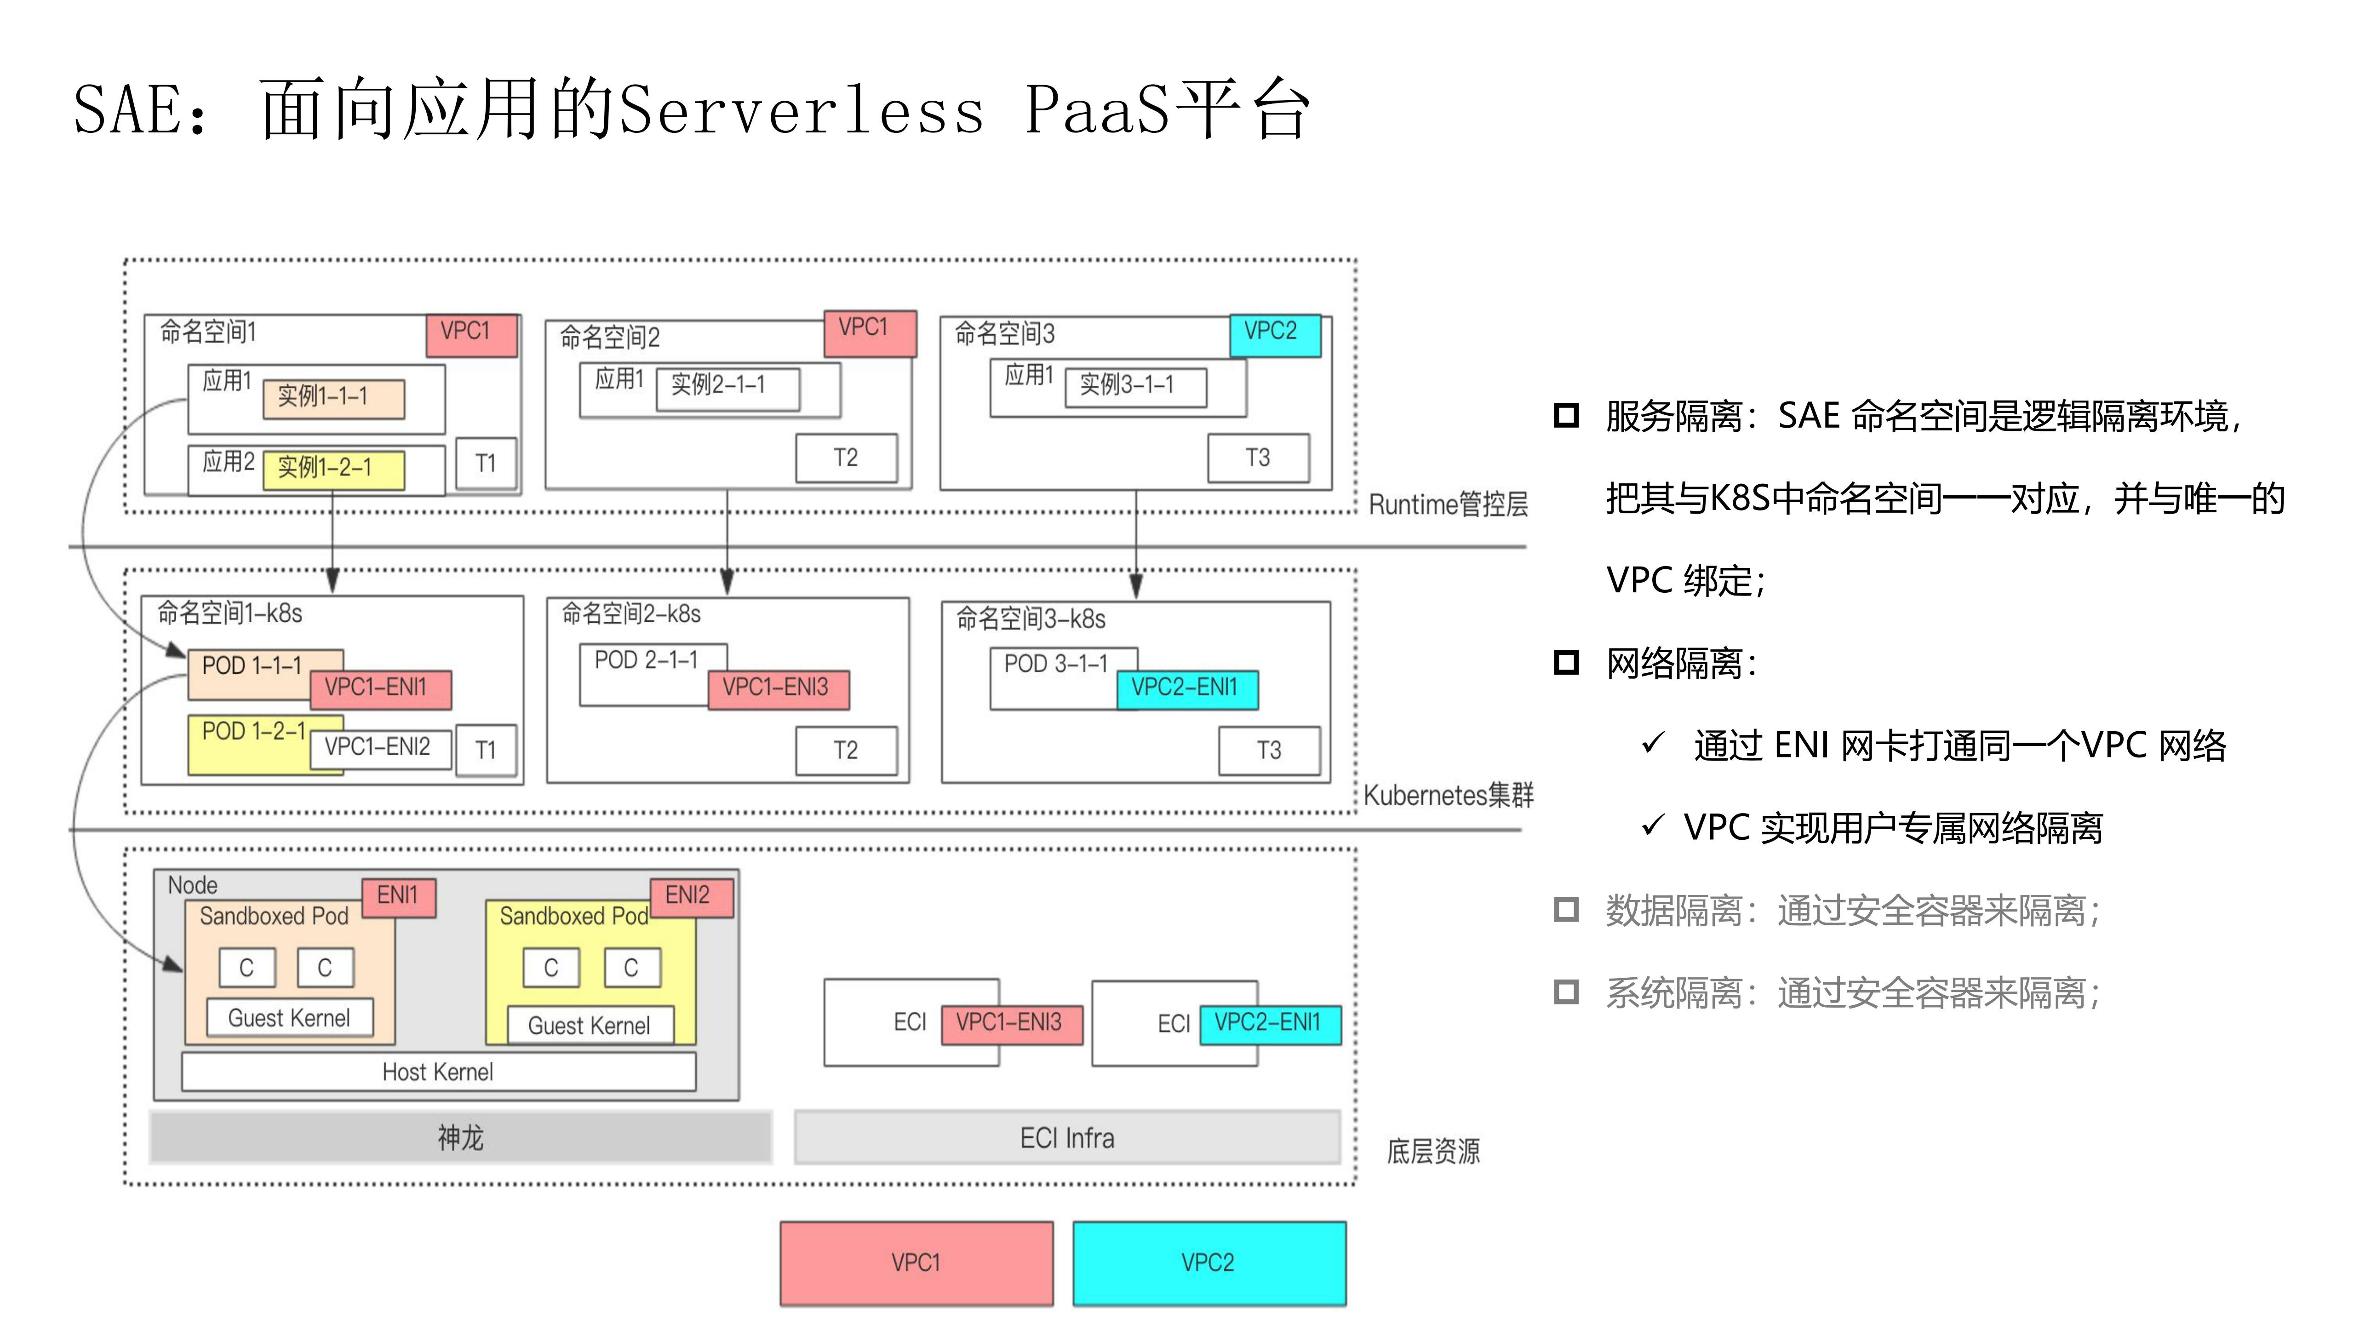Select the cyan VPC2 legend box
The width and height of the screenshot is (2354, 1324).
tap(1208, 1263)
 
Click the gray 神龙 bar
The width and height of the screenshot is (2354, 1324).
tap(461, 1138)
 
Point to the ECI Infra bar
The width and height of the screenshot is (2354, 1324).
tap(1066, 1138)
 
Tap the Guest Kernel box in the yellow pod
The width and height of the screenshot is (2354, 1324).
tap(590, 1025)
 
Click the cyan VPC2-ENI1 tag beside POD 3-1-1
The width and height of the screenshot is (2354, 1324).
tap(1186, 688)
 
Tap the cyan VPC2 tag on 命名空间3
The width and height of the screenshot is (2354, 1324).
tap(1274, 332)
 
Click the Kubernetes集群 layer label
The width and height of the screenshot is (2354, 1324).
tap(1448, 795)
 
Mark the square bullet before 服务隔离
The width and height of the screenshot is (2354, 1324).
tap(1565, 416)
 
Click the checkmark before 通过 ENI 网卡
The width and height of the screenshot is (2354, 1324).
tap(1652, 744)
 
